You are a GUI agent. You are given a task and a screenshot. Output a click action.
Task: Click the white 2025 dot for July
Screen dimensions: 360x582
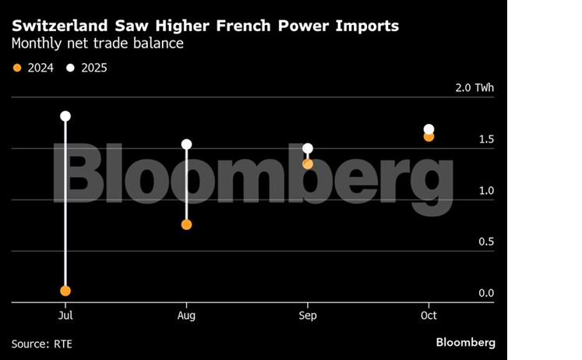click(x=65, y=116)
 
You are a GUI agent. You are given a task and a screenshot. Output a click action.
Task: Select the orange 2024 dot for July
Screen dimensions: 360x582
click(x=65, y=291)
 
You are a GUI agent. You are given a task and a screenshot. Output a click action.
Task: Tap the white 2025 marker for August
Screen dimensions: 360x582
click(x=186, y=144)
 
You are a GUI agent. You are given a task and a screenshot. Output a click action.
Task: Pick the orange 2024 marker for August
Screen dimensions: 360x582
click(x=186, y=224)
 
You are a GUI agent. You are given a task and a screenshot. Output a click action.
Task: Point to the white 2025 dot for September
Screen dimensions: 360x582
click(x=308, y=148)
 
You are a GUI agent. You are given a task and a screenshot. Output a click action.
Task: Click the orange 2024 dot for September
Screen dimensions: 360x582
click(x=308, y=164)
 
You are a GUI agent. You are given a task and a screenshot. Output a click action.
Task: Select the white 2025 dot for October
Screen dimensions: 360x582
click(x=429, y=129)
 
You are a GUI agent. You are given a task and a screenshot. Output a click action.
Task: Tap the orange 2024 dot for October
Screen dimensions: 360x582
click(x=429, y=136)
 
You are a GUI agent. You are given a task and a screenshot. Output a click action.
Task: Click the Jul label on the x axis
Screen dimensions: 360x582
click(x=65, y=316)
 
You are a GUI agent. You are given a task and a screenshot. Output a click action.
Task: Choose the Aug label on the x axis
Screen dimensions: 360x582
click(x=186, y=316)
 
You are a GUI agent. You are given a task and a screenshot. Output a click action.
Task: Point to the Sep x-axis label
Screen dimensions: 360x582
click(x=308, y=316)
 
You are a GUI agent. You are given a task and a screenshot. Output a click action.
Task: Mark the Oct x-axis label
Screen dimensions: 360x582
click(x=429, y=316)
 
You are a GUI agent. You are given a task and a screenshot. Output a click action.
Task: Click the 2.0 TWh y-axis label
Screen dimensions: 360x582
click(x=474, y=87)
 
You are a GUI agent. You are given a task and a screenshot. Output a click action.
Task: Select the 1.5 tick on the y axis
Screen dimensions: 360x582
click(x=486, y=139)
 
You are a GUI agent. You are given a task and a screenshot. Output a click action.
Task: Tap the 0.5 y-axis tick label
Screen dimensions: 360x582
click(x=486, y=242)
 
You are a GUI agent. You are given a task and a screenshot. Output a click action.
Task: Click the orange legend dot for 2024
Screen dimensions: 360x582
click(x=17, y=68)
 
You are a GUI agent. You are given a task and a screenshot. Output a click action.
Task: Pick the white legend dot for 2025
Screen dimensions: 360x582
click(x=71, y=68)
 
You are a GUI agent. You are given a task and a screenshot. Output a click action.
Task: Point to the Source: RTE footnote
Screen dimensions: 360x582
click(x=42, y=344)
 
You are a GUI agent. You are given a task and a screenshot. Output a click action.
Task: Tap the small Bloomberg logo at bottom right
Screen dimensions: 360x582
click(x=465, y=343)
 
